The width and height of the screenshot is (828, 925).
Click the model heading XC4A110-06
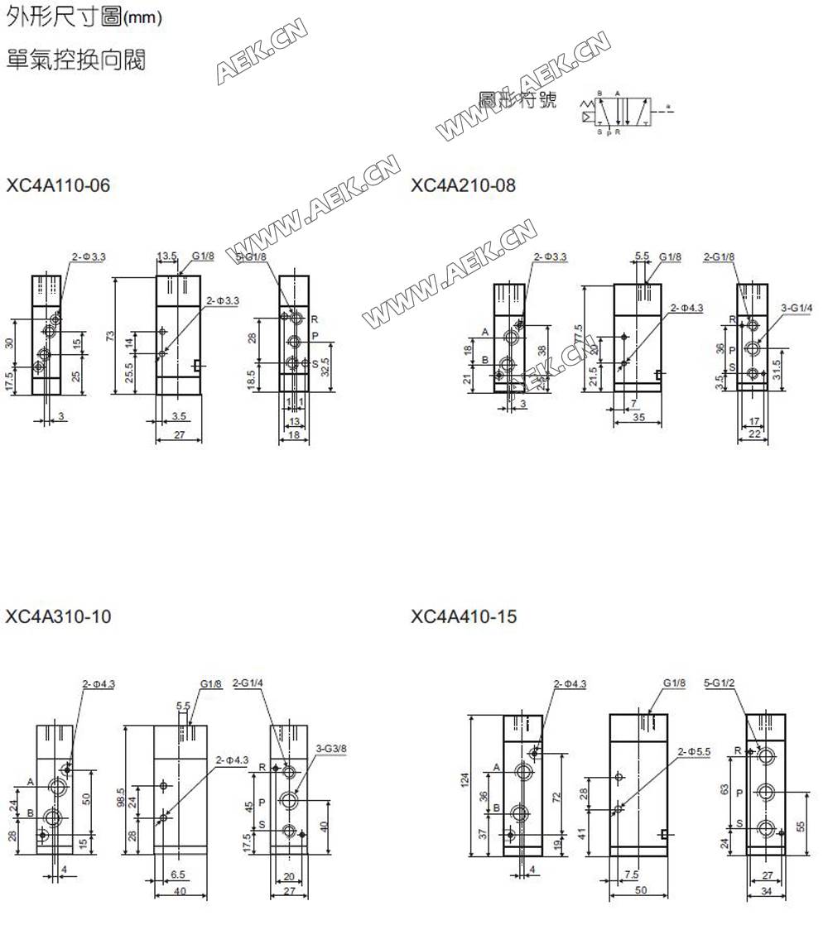coord(58,185)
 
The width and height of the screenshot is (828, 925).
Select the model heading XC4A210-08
coord(463,185)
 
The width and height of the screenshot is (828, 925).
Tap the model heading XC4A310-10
coord(58,616)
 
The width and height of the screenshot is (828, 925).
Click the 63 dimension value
coord(724,789)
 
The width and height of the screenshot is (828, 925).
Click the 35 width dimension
coord(638,419)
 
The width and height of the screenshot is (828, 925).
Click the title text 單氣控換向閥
coord(76,60)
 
